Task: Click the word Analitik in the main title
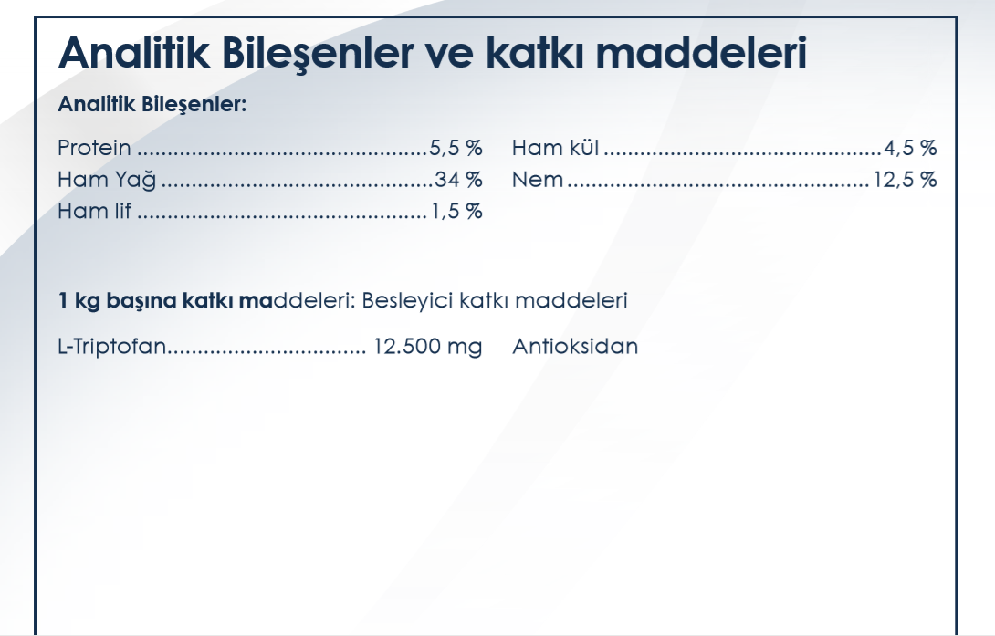(x=134, y=52)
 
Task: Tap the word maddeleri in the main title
(x=701, y=52)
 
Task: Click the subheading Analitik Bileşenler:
(x=152, y=105)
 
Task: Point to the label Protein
(x=94, y=148)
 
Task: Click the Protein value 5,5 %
(x=456, y=148)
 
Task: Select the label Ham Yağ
(x=107, y=180)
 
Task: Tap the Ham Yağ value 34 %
(x=458, y=180)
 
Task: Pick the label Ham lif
(x=95, y=211)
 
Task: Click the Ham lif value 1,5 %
(x=457, y=211)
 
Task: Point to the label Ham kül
(x=555, y=148)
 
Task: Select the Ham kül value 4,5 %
(x=910, y=148)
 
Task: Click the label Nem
(x=538, y=180)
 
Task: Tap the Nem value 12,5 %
(x=905, y=180)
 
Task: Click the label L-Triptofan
(x=111, y=347)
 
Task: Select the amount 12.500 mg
(x=428, y=347)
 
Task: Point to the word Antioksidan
(x=575, y=347)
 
